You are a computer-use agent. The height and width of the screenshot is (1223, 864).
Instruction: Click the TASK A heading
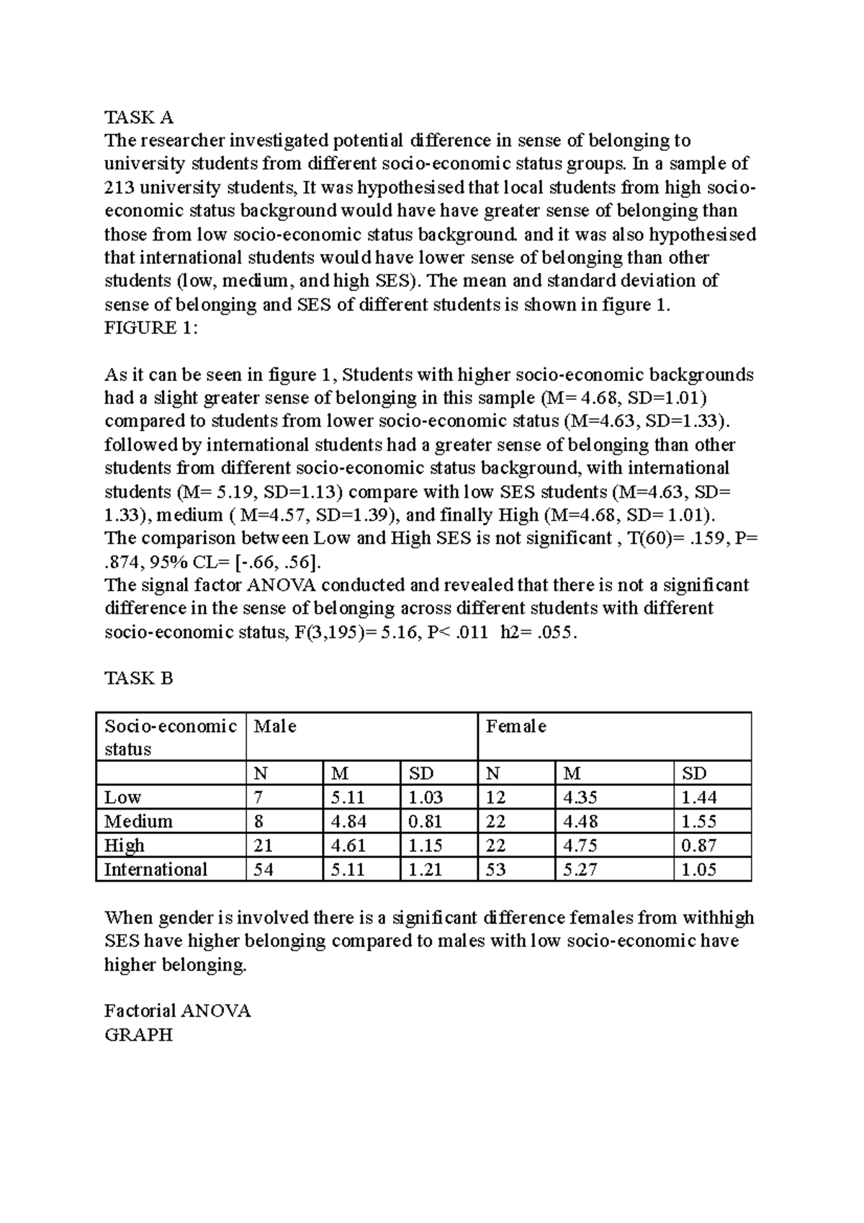pos(139,117)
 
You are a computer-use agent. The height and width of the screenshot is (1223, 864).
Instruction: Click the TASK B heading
pos(139,678)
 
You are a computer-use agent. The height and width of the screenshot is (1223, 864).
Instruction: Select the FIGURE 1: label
pos(150,328)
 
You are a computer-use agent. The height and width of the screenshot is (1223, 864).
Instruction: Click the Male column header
pos(275,726)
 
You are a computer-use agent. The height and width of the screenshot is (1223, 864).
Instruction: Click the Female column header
pos(516,726)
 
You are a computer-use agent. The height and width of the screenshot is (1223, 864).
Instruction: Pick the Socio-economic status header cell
pos(170,737)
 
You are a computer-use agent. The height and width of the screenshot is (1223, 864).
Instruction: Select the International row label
pos(156,869)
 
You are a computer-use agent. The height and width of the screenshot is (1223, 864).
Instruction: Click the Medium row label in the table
pos(138,821)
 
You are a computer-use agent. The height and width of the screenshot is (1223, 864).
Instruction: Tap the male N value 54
pos(264,869)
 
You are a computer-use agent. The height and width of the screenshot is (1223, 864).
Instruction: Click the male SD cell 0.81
pos(426,821)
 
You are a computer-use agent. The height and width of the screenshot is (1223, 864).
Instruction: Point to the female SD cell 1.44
pos(698,797)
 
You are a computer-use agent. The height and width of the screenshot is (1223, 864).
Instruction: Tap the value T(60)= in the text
pos(652,538)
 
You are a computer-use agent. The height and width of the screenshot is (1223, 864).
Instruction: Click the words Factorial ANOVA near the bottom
pos(177,1011)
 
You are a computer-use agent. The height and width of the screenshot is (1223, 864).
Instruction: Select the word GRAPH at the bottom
pos(138,1034)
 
